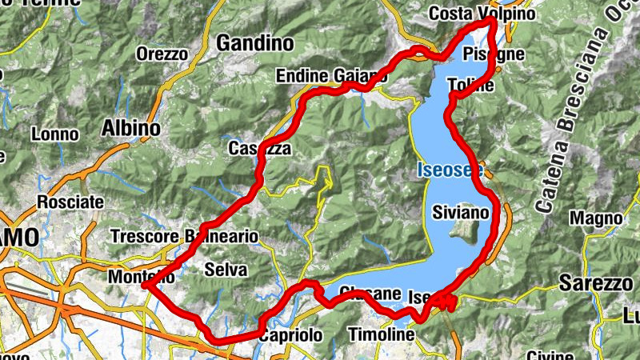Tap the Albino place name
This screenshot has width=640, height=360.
click(x=131, y=128)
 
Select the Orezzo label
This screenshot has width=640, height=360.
click(x=162, y=54)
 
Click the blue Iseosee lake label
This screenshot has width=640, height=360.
click(x=449, y=170)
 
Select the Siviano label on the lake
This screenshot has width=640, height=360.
click(x=459, y=213)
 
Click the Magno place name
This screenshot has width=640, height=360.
click(x=595, y=218)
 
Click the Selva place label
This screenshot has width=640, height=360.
click(x=226, y=270)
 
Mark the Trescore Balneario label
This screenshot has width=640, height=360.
click(x=185, y=237)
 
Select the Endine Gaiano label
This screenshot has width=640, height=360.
click(x=330, y=76)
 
